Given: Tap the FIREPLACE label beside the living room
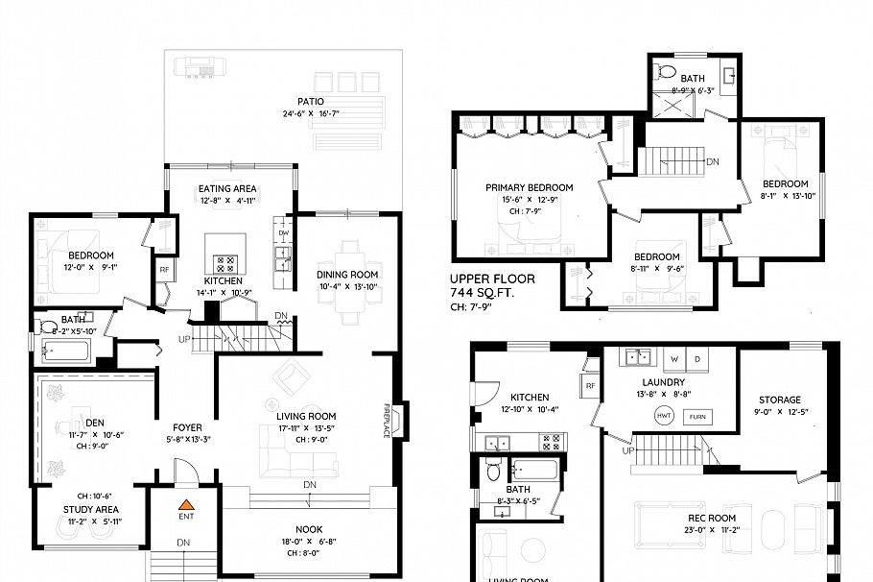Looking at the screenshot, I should point(388,420).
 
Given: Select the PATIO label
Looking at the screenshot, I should point(310,101).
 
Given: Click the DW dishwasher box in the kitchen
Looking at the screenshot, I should point(283,233).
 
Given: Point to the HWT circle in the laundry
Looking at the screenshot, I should point(663,415).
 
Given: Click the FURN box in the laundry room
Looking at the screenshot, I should point(696,416).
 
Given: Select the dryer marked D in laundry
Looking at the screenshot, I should point(696,361).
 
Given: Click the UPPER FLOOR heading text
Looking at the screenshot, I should point(490,279).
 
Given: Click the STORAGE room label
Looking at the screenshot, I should point(779,400).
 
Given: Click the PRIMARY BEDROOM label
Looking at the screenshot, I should point(529,187).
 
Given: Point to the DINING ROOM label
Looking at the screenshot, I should point(347,275).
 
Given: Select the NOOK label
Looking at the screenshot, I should point(309,529).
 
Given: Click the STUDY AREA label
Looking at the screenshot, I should point(90,509).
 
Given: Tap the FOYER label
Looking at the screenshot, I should point(186,427).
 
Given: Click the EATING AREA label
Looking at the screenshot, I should point(227,188).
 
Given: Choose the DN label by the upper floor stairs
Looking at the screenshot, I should point(713,161).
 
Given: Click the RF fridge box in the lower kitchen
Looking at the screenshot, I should point(590,385).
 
